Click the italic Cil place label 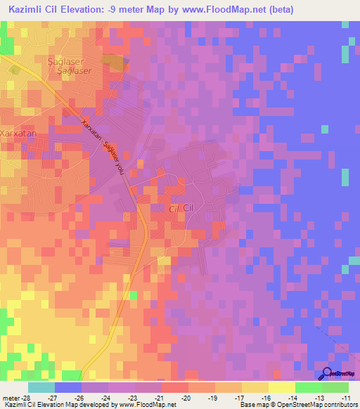(174, 209)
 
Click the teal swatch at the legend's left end (41, 387)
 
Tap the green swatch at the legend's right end (335, 387)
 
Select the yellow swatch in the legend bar (281, 387)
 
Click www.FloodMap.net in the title (226, 10)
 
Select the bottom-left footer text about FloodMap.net (89, 404)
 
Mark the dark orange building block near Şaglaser (115, 63)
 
